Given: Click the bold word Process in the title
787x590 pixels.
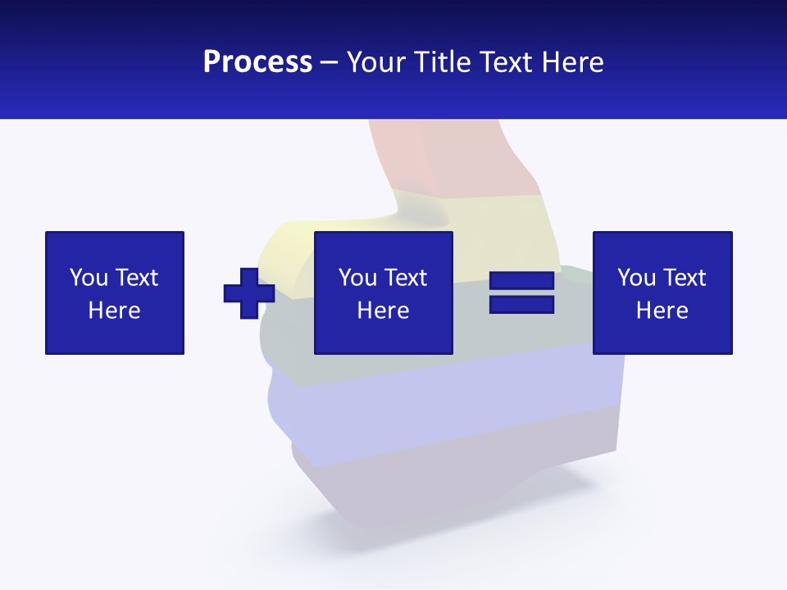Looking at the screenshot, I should [257, 62].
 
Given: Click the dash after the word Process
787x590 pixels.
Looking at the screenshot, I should [330, 63].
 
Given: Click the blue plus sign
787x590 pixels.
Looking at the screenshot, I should [249, 293].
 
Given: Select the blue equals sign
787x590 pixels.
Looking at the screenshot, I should [521, 293].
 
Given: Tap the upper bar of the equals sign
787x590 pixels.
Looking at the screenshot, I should [521, 281].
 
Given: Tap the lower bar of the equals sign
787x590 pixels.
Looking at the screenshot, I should [521, 304].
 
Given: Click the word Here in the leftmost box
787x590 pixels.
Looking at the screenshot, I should [115, 311].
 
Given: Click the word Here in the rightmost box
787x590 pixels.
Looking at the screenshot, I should [662, 311].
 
